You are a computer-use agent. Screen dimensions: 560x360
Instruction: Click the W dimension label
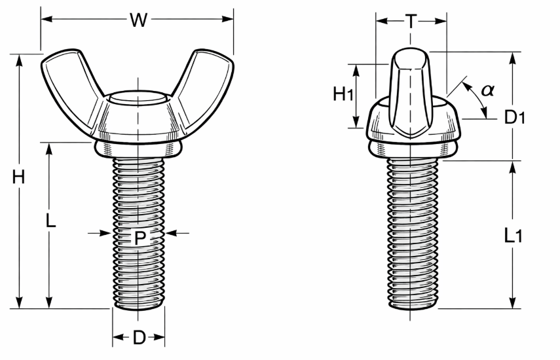click(x=138, y=20)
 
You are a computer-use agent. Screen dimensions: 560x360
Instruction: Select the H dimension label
click(x=18, y=177)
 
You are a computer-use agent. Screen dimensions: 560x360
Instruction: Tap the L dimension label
click(x=50, y=221)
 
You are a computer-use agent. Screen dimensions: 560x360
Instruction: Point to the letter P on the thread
click(x=140, y=238)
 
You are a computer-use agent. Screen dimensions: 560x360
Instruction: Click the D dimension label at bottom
click(x=140, y=338)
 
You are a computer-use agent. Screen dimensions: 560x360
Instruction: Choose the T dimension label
click(x=411, y=22)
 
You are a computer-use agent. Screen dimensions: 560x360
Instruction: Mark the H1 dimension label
click(x=343, y=94)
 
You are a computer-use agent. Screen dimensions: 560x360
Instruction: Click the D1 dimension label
click(x=515, y=117)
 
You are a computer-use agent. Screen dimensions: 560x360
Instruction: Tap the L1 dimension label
click(x=513, y=236)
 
